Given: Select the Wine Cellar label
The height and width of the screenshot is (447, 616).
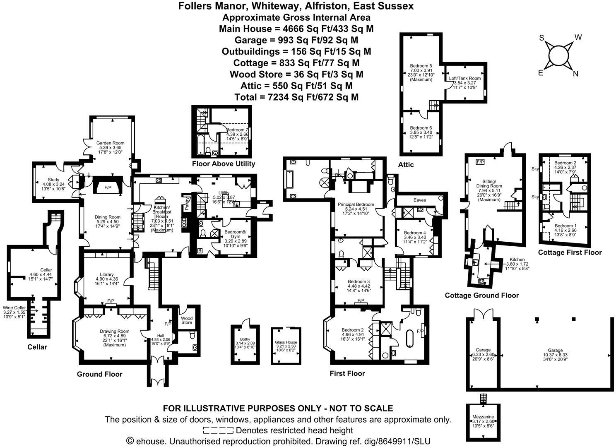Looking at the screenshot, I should (x=14, y=308).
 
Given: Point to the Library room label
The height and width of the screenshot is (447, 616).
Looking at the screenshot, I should (x=107, y=274).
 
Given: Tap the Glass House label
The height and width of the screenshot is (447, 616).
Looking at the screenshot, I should (x=286, y=342).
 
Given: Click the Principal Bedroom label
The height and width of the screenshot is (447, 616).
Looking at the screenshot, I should (x=356, y=204).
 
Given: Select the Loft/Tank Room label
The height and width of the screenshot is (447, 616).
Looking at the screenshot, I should (x=465, y=78).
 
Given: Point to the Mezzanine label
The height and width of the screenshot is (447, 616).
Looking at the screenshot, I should (x=483, y=417).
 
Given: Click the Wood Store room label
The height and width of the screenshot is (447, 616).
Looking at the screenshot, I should (x=187, y=320).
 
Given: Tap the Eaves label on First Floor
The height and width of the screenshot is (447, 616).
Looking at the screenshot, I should (x=419, y=200).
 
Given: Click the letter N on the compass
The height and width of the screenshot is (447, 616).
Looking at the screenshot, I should (x=575, y=74).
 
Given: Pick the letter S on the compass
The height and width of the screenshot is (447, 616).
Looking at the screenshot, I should (x=541, y=38).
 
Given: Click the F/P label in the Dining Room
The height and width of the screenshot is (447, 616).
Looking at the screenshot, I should (x=108, y=188).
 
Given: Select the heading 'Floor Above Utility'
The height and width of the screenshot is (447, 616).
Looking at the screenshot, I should (x=224, y=164).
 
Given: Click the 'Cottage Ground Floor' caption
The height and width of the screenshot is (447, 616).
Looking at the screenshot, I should (x=481, y=296).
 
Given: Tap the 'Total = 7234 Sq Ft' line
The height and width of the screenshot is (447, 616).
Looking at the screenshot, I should (x=296, y=97).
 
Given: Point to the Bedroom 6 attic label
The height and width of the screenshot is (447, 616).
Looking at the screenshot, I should (x=421, y=128).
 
